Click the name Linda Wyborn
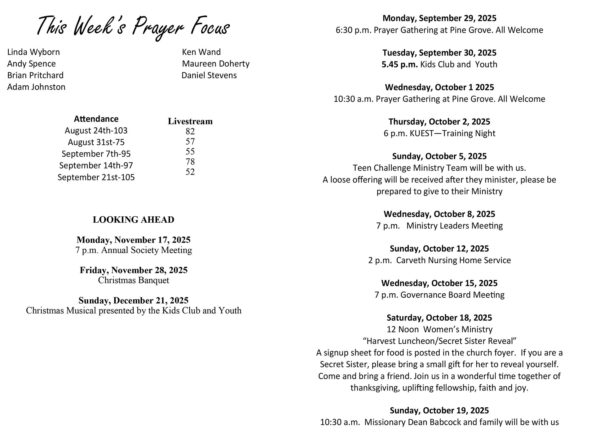click(x=33, y=52)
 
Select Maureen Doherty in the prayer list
click(x=216, y=64)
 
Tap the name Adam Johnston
click(x=36, y=87)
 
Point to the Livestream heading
click(x=190, y=121)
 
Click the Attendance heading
click(x=96, y=119)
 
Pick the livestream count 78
click(x=190, y=161)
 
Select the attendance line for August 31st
click(x=96, y=142)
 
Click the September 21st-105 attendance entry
click(x=96, y=177)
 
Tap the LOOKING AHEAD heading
click(x=134, y=220)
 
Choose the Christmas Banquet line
click(x=134, y=280)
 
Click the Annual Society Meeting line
click(x=134, y=250)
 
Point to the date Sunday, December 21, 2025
click(x=134, y=301)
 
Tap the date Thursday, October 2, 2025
click(x=439, y=122)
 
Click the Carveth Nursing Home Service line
click(x=439, y=260)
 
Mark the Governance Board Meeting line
click(x=439, y=295)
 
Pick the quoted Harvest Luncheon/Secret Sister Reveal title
click(x=439, y=341)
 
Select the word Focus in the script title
click(x=210, y=27)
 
